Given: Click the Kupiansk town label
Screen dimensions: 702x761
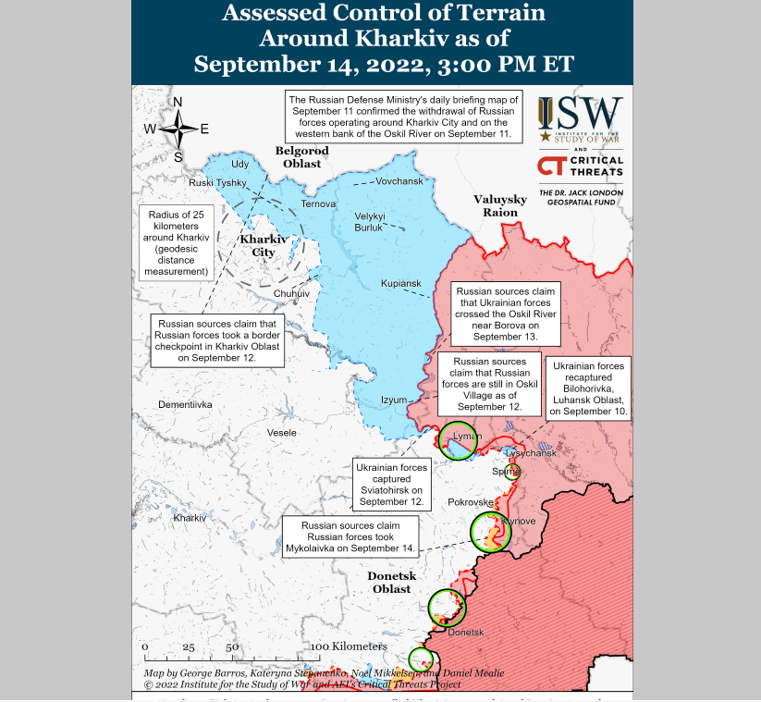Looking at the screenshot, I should tap(400, 283).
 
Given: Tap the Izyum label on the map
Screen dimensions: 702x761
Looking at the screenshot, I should tap(394, 400).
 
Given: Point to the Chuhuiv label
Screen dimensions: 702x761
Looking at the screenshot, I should tap(291, 292).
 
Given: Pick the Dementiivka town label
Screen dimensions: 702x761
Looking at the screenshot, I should tap(185, 405).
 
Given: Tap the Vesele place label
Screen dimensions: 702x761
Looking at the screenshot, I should tap(281, 433).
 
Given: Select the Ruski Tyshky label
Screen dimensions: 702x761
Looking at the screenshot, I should tap(217, 183).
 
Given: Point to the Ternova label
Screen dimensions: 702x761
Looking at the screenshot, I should tap(318, 203).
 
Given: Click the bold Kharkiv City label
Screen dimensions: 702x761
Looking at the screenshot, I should tap(264, 245).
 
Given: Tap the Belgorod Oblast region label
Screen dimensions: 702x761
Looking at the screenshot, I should tap(301, 157).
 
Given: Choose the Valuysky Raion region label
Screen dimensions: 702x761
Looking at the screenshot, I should tap(500, 205).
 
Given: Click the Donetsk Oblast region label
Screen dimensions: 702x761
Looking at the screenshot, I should tap(389, 582).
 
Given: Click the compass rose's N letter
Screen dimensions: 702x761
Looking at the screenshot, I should tap(178, 102).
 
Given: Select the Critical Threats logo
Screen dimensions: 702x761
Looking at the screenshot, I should tap(580, 167).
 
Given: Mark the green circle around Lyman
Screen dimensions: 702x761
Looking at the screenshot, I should tap(458, 440).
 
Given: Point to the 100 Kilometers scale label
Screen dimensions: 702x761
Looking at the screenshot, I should tap(348, 646).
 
